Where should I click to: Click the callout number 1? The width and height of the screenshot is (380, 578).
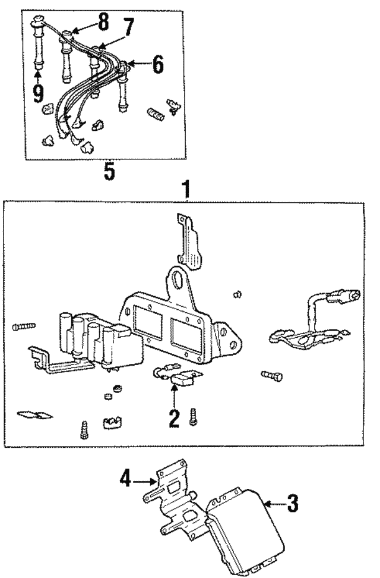(187, 190)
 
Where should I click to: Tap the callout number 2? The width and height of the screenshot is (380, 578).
(174, 419)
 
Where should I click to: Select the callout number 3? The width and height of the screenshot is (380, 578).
(293, 504)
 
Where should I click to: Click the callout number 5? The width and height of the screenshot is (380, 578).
(109, 171)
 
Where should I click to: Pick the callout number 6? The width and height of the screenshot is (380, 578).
(158, 65)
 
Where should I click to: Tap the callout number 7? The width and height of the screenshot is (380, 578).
(128, 27)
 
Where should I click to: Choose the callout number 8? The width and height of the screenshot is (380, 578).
(103, 21)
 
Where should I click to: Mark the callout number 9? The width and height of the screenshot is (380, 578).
(38, 93)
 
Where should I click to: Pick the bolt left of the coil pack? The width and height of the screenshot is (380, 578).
(24, 326)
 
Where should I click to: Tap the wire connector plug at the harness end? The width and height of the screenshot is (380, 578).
(345, 296)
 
